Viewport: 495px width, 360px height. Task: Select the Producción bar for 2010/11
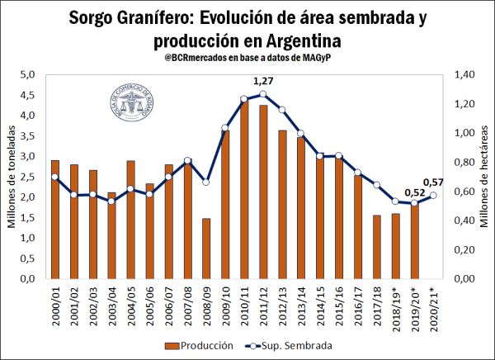coord(243,190)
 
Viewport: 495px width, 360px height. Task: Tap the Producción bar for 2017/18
coord(376,247)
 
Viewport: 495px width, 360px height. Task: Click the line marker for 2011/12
coord(263,94)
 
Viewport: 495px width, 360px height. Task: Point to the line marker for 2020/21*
coord(434,196)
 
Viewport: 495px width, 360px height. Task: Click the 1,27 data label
coord(263,81)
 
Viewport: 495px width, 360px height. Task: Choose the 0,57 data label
coord(434,182)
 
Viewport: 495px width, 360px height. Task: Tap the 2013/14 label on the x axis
coord(303,308)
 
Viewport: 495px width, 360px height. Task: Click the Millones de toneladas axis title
coord(12,177)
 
